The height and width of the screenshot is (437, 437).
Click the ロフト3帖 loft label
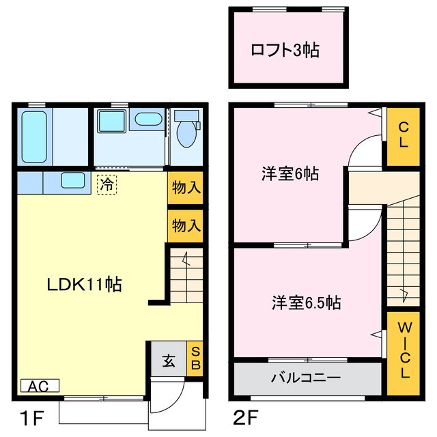tap(286, 50)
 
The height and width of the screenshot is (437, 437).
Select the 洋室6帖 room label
tap(290, 173)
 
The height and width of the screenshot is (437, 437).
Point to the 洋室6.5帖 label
tap(307, 302)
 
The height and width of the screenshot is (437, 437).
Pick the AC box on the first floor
tap(39, 386)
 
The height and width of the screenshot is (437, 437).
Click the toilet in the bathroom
tap(185, 133)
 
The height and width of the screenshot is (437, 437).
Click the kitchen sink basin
tap(72, 181)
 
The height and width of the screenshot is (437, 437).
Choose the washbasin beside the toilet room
tap(147, 120)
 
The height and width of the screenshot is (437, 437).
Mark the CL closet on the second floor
tap(404, 135)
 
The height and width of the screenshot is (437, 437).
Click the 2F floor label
tap(246, 416)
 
